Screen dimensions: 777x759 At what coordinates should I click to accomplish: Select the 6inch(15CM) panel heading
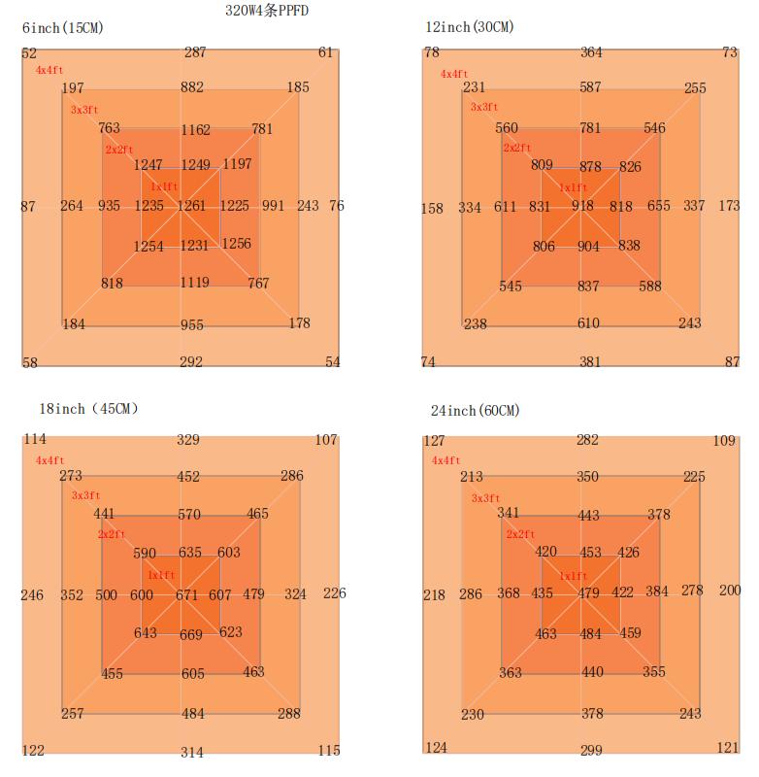point(62,27)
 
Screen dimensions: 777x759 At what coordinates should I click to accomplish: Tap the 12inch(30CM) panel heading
point(469,26)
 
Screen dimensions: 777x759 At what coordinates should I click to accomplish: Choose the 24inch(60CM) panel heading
point(475,411)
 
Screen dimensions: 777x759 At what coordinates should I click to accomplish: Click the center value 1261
point(190,206)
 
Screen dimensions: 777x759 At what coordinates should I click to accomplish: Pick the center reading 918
point(582,206)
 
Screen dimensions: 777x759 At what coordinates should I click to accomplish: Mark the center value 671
point(186,595)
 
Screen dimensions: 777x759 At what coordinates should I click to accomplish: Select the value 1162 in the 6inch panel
point(194,129)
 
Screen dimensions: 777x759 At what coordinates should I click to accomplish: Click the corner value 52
point(29,54)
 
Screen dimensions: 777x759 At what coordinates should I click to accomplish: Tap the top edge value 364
point(591,52)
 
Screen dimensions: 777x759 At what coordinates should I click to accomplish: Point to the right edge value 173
point(729,206)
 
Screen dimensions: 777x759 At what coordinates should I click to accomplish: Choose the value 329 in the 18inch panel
point(188,440)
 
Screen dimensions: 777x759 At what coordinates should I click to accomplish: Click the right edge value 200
point(730,591)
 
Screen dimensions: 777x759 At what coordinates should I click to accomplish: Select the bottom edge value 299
point(591,750)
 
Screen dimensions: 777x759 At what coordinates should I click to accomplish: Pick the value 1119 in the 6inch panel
point(194,283)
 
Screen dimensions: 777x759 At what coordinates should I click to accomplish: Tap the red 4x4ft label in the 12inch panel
point(454,74)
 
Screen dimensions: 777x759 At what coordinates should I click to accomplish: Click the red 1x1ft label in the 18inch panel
point(161,575)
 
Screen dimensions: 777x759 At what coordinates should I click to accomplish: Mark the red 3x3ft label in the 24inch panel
point(485,498)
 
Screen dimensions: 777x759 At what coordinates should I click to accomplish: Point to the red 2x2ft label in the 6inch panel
point(119,150)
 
